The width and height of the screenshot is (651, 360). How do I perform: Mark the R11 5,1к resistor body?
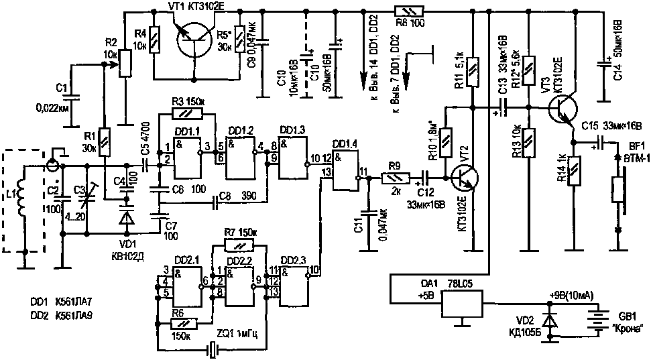click(473, 71)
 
